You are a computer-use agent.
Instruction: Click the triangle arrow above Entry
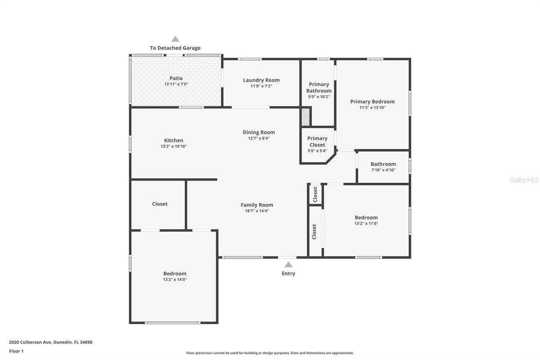(x=288, y=265)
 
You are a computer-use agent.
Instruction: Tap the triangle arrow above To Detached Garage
(x=175, y=39)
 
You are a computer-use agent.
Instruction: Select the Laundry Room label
(x=261, y=80)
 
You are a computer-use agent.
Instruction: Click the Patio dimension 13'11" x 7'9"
(x=176, y=84)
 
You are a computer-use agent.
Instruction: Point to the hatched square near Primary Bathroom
(x=305, y=117)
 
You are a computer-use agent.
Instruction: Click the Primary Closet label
(x=317, y=141)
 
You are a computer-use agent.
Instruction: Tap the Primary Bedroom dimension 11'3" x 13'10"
(x=372, y=108)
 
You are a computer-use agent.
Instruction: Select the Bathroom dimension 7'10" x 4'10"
(x=383, y=170)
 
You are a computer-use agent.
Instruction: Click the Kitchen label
(x=173, y=141)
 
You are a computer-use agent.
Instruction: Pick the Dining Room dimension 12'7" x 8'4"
(x=259, y=138)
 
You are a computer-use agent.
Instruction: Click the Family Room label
(x=257, y=205)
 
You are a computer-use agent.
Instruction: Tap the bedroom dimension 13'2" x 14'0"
(x=175, y=279)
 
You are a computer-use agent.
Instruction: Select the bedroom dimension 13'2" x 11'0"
(x=366, y=224)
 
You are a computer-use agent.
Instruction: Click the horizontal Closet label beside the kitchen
(x=160, y=204)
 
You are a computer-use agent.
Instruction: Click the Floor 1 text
(x=16, y=351)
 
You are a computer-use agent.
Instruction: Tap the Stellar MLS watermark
(x=524, y=180)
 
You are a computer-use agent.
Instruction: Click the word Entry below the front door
(x=288, y=273)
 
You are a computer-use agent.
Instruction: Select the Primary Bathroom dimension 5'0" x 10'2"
(x=319, y=97)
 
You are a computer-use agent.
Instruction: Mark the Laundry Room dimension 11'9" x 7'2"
(x=261, y=86)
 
